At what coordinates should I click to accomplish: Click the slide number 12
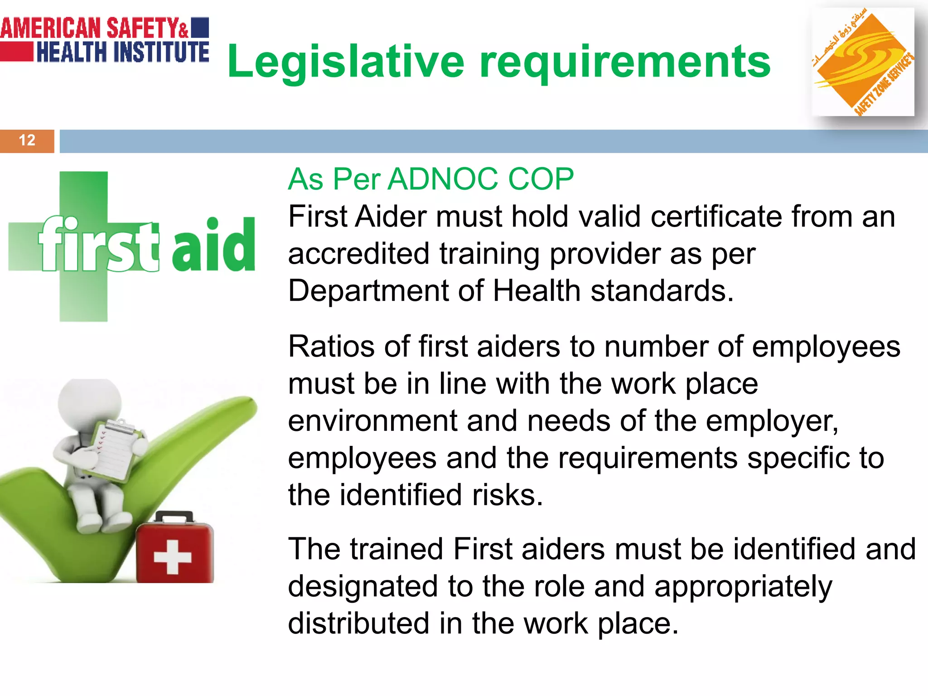27,140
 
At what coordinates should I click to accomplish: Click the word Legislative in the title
345,63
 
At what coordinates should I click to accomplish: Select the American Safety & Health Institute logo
105,40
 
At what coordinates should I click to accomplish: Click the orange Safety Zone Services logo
862,62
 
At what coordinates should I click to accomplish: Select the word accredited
358,254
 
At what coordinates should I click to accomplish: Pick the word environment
372,421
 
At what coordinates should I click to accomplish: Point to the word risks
507,495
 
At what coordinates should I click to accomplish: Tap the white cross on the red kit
172,557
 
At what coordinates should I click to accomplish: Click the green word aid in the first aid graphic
213,245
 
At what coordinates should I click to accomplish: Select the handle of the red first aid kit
174,517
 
